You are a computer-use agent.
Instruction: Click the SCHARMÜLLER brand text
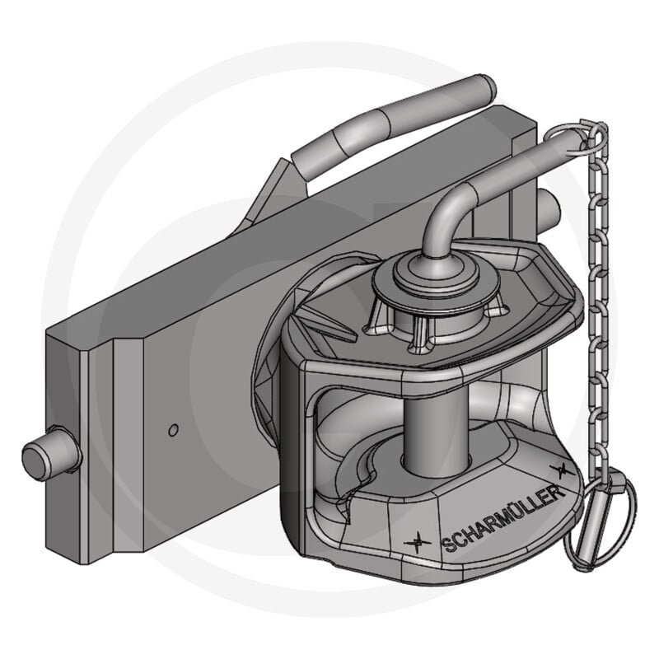click(503, 518)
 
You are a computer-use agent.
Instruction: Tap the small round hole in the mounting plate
click(173, 430)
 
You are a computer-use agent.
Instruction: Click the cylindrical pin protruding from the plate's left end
click(51, 455)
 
